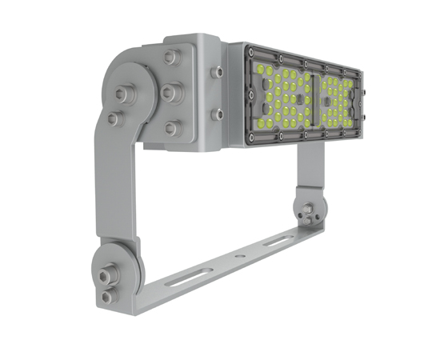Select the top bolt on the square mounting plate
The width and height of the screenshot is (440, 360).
coord(170,57)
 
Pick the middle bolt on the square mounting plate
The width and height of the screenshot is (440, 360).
coord(170,93)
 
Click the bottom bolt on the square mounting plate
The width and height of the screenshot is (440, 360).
coord(171,127)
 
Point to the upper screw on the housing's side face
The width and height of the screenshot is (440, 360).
coord(217,72)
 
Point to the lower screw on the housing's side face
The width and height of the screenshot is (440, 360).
coord(217,115)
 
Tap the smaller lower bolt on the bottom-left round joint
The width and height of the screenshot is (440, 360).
coord(106,297)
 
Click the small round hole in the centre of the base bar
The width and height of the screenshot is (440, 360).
coord(236,257)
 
